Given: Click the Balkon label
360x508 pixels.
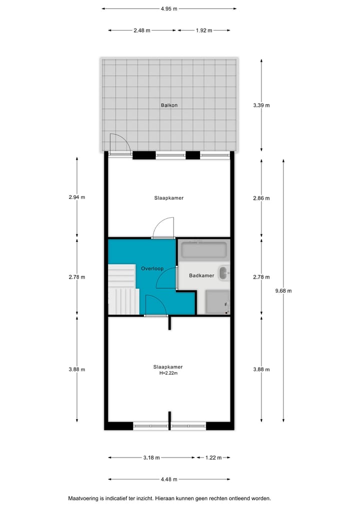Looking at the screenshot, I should [169, 105].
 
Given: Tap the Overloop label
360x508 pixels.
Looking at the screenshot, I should [152, 268].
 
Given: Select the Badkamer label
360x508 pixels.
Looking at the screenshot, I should [201, 275].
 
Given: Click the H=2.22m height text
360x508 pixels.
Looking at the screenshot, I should [168, 373].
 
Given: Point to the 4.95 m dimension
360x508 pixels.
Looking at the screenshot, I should [169, 8].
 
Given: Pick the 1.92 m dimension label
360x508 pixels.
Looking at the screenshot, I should [204, 30].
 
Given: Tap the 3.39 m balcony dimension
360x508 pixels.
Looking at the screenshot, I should [261, 105].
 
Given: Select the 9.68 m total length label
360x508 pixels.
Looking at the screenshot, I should [283, 291].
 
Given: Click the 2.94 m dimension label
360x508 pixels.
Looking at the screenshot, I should [77, 197].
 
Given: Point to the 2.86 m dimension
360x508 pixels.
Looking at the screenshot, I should [261, 198].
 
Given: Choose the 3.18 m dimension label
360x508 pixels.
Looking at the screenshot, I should [151, 458].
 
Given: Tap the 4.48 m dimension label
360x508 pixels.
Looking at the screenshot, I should [169, 480].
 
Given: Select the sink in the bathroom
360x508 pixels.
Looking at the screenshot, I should [224, 273].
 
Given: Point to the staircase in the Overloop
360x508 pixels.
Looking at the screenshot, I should [122, 290].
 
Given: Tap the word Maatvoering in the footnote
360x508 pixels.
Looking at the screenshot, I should [83, 498].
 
